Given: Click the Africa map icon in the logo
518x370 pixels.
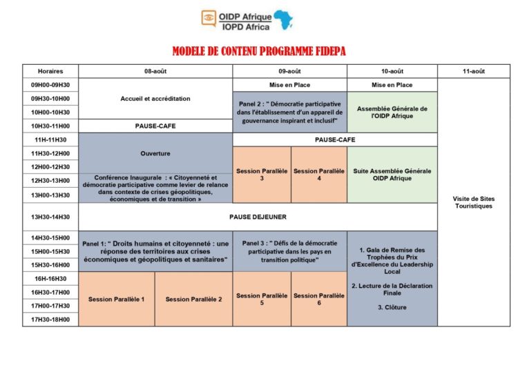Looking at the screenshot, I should point(283,19).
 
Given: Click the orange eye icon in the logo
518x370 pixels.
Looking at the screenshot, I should point(209,18).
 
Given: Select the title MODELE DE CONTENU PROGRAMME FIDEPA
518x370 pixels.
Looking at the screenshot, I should point(259,51).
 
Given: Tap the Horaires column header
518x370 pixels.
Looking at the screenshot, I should point(50,71).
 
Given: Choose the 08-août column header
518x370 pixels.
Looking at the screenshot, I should point(155,71).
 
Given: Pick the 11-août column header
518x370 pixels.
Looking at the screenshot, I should point(473,71).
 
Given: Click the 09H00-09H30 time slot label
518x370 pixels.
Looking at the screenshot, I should point(50,85).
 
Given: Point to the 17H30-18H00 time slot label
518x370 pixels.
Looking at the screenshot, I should point(50,320).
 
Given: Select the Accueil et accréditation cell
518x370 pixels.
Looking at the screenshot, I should point(155,99).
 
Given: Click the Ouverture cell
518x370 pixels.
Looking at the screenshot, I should point(155,153).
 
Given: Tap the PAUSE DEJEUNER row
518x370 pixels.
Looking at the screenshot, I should point(258,217).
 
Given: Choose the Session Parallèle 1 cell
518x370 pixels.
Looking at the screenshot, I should point(116,299).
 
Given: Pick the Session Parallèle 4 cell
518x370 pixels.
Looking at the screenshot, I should point(318,175).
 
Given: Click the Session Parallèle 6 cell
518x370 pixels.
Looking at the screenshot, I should point(318,299).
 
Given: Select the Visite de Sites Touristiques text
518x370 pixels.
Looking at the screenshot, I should point(473,202).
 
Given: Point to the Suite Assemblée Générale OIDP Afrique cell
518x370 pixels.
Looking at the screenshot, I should point(392,175).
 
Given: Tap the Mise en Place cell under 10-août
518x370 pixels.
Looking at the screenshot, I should point(392,85).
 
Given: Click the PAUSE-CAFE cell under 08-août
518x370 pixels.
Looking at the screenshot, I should point(155,126).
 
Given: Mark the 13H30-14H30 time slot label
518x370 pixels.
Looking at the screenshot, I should point(50,217).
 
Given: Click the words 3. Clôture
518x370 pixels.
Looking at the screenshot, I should point(392,307).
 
